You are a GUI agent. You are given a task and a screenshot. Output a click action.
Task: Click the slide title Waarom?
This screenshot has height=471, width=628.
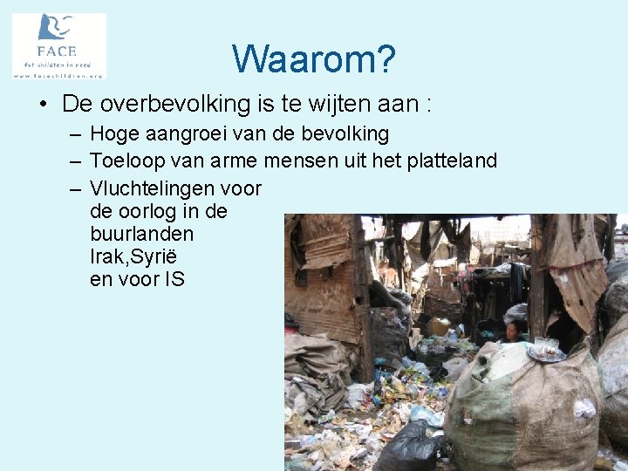pyautogui.click(x=314, y=59)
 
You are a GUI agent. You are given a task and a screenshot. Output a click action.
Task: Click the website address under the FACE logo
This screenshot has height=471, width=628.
pyautogui.click(x=58, y=75)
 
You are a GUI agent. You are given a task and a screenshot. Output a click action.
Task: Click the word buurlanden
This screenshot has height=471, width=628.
pyautogui.click(x=141, y=234)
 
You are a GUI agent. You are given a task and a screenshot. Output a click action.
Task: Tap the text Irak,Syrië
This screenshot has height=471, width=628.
pyautogui.click(x=133, y=257)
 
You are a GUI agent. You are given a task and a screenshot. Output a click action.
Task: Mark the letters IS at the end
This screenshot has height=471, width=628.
pyautogui.click(x=174, y=280)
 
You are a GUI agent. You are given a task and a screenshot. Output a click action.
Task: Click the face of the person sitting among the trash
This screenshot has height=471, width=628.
pyautogui.click(x=515, y=330)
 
